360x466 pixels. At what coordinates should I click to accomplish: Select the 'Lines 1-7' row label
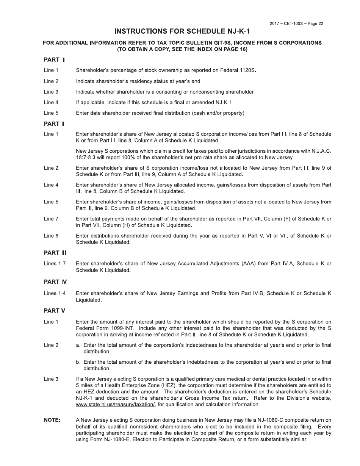point(55,264)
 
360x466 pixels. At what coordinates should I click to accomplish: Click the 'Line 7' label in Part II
point(51,219)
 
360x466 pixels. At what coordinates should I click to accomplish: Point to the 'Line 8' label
point(51,236)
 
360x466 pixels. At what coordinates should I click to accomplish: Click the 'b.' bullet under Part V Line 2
point(78,362)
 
